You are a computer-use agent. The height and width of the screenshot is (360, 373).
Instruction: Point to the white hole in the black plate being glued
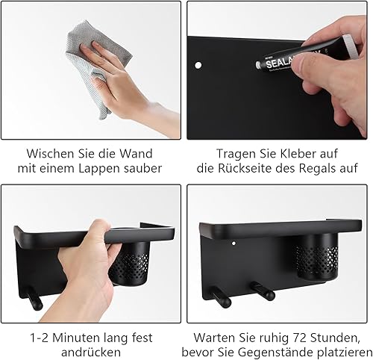point(198,66)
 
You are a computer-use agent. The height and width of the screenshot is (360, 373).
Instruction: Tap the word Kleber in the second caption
point(298,153)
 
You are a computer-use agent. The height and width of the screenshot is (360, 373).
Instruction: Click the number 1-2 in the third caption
point(40,338)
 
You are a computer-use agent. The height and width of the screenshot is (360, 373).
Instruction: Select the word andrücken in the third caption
point(91,353)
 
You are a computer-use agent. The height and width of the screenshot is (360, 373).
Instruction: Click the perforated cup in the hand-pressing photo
point(130,263)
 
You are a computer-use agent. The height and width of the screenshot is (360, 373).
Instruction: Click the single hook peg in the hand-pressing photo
point(34,298)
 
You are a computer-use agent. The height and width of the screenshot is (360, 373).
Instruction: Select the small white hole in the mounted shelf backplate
point(233,243)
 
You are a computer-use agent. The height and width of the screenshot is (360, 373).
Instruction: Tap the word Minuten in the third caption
point(76,338)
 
